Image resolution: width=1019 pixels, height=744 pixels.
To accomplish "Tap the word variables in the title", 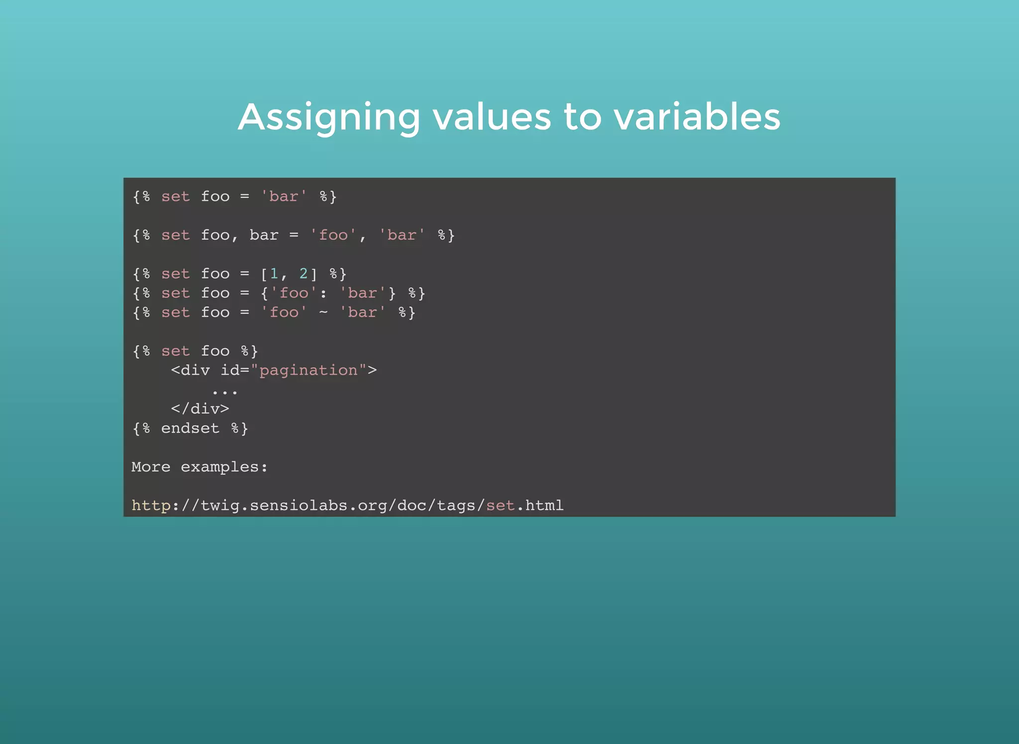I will [697, 118].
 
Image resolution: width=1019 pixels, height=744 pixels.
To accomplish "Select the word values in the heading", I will [492, 118].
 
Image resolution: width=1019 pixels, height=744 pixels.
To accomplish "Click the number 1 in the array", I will [274, 273].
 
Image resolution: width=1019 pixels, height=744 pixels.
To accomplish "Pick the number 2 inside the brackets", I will [304, 273].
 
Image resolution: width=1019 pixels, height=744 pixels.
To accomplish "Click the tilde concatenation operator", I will [323, 312].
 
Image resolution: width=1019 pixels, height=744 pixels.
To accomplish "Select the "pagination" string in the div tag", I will [308, 370].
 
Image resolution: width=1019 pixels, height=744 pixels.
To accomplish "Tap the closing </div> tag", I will [200, 409].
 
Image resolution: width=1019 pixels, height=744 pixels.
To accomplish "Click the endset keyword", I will [190, 428].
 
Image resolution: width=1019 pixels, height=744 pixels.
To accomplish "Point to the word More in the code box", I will [151, 467].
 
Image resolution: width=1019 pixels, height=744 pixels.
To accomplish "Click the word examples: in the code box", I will [224, 467].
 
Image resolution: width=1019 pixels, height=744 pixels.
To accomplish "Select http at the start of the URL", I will [151, 505].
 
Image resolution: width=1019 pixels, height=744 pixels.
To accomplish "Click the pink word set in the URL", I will [501, 505].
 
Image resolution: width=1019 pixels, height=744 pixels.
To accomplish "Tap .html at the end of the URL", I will [540, 505].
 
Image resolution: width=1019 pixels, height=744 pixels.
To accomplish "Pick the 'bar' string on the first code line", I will [284, 196].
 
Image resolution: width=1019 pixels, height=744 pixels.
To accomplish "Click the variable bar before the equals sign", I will [264, 235].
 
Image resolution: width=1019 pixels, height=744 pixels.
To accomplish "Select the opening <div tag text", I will [190, 370].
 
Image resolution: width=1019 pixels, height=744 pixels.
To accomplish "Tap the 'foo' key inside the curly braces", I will [294, 293].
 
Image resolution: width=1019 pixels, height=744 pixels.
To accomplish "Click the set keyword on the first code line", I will [175, 196].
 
